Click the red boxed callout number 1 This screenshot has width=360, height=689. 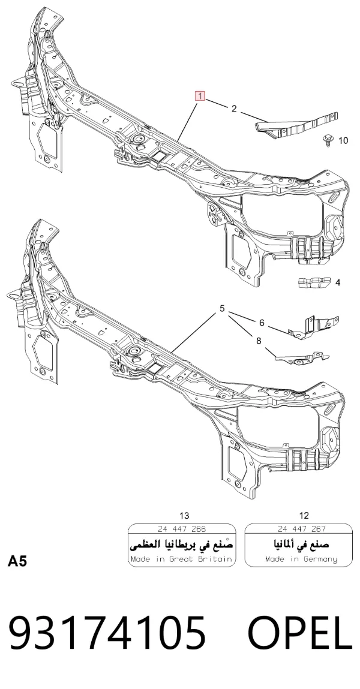tap(200, 95)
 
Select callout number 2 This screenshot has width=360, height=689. tap(234, 109)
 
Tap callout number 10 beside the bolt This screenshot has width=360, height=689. tap(343, 140)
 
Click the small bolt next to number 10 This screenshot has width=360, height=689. tap(327, 140)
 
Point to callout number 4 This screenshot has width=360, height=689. tap(338, 282)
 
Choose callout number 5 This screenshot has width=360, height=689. tap(223, 308)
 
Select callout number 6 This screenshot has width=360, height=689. tap(262, 323)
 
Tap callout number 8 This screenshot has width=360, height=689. tap(259, 341)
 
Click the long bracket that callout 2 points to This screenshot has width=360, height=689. tap(297, 126)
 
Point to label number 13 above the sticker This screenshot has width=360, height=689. tap(185, 516)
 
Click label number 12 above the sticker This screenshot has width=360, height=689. tap(304, 516)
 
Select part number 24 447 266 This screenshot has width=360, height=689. tap(182, 529)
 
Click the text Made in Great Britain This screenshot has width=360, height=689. tap(182, 559)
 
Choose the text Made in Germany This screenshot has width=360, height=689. tap(302, 559)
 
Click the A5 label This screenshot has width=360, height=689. tap(17, 561)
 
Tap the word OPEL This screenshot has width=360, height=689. tap(300, 633)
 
